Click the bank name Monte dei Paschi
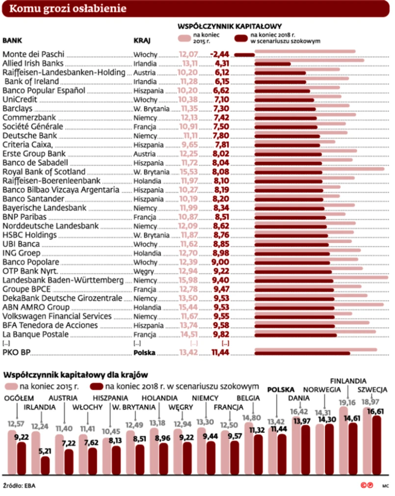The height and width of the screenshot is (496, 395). click(34, 54)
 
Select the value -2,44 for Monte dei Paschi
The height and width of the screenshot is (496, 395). click(219, 54)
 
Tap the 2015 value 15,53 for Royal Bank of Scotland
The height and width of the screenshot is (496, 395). click(189, 172)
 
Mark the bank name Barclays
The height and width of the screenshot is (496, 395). click(18, 108)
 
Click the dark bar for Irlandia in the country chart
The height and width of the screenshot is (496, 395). click(45, 465)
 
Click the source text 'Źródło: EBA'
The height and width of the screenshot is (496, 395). click(19, 486)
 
